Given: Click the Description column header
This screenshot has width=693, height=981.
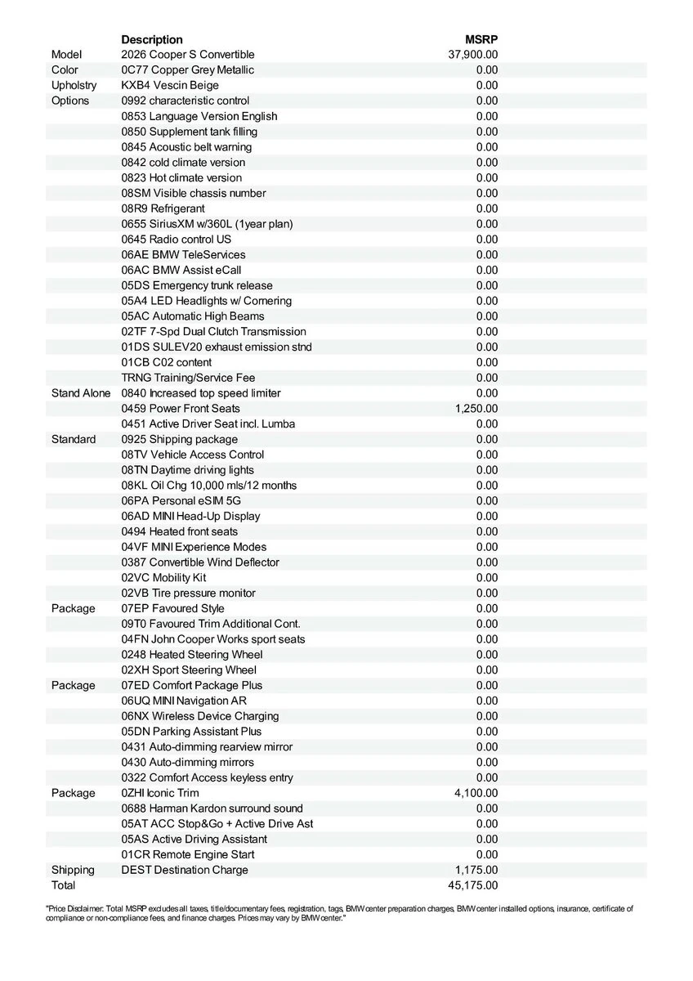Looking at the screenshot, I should (x=152, y=39).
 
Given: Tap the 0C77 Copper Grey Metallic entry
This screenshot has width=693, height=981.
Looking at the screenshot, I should (x=187, y=70).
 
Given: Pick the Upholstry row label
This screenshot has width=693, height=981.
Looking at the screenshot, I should (x=74, y=85).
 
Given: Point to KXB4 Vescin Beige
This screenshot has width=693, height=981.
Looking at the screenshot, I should (x=170, y=85).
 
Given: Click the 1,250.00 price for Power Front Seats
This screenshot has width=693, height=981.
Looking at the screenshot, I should (x=476, y=409).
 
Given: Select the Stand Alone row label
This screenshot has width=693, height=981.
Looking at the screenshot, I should (x=81, y=393).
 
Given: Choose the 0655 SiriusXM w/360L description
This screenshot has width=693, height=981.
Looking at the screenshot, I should (x=207, y=224).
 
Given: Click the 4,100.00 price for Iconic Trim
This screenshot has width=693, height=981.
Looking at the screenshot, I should (x=476, y=793).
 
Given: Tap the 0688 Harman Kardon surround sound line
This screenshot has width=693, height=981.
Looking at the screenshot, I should (x=212, y=809).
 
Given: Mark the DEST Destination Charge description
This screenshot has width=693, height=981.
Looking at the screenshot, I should (x=185, y=870).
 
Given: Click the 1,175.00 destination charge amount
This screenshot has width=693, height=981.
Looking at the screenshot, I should (x=476, y=870).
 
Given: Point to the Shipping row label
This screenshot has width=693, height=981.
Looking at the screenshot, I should (x=73, y=870).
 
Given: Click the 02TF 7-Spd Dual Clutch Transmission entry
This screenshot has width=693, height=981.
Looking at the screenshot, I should (x=213, y=332).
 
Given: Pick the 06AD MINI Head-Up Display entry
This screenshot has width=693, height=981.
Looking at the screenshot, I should (x=190, y=516).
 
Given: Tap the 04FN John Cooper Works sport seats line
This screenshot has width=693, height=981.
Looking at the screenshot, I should (x=213, y=639).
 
